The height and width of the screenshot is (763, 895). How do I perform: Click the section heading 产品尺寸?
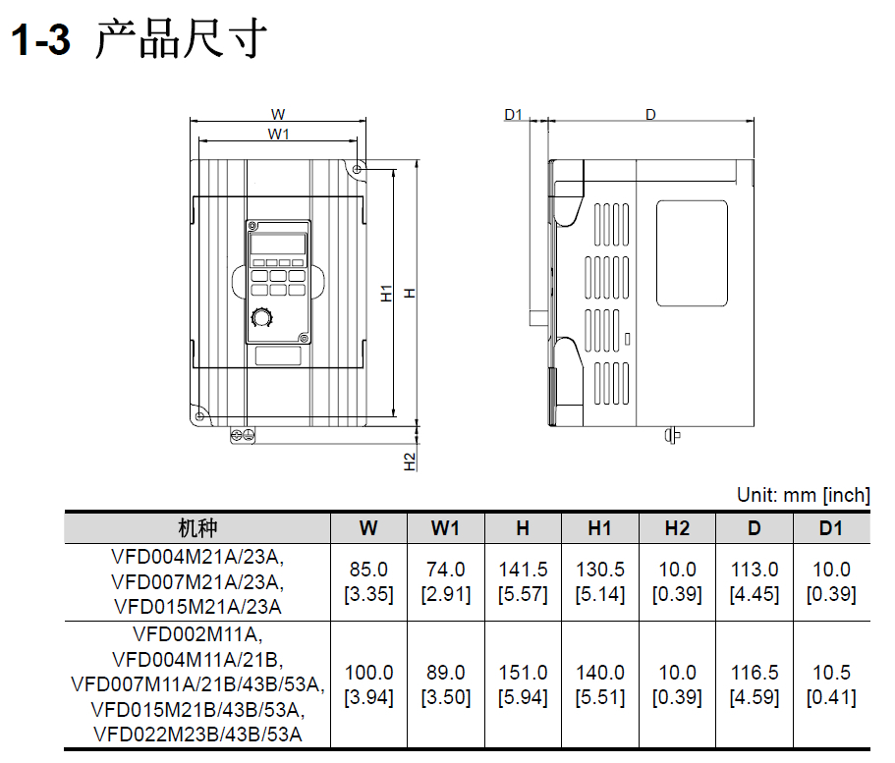(x=181, y=38)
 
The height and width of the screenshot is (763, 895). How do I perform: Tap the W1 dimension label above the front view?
(x=279, y=135)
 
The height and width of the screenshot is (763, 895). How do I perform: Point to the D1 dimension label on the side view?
(x=513, y=115)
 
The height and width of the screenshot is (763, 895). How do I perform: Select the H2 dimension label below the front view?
(x=410, y=462)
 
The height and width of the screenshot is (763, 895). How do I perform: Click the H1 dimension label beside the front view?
(x=387, y=294)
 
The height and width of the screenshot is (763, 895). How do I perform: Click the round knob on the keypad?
(x=262, y=318)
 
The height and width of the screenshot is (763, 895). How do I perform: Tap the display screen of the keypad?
(x=278, y=245)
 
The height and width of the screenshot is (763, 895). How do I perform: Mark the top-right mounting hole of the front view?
(x=358, y=170)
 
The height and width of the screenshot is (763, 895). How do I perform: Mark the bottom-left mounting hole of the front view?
(x=199, y=416)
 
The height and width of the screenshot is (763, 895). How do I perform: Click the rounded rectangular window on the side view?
(x=692, y=253)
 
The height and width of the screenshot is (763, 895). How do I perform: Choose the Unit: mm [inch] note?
(x=803, y=495)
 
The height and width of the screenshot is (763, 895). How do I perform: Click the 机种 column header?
(x=197, y=528)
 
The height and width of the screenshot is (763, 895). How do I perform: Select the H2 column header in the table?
(x=677, y=528)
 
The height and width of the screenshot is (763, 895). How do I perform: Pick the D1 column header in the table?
(x=831, y=528)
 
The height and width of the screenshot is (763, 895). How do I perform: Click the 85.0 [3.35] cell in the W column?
(x=368, y=581)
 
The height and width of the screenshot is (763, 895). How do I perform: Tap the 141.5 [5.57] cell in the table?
(x=523, y=581)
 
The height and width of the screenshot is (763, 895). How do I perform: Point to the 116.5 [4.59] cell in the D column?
(x=755, y=684)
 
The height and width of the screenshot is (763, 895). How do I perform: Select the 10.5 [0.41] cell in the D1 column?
(x=832, y=684)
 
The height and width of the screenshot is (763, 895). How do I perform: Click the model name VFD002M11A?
(x=196, y=634)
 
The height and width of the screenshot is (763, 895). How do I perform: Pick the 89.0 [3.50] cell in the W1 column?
(x=446, y=684)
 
